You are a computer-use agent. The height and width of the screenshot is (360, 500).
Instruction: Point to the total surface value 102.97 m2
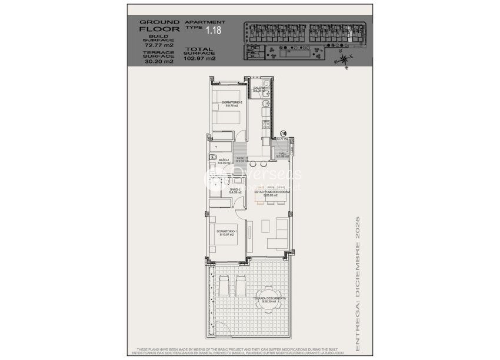[x=200, y=59]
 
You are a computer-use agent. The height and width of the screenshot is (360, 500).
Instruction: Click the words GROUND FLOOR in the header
[x=154, y=25]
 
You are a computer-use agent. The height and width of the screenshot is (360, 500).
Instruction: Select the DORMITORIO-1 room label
[x=226, y=232]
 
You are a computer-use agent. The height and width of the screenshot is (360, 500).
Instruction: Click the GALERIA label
[x=259, y=89]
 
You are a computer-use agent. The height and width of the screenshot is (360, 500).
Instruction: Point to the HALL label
[x=282, y=154]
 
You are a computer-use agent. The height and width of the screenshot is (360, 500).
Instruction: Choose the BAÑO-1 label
[x=224, y=161]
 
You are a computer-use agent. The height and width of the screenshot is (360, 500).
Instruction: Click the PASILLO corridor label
[x=242, y=159]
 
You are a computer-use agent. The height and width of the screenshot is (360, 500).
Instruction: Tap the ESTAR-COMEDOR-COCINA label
[x=272, y=192]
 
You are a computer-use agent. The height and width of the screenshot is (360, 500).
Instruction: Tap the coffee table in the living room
[x=264, y=224]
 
